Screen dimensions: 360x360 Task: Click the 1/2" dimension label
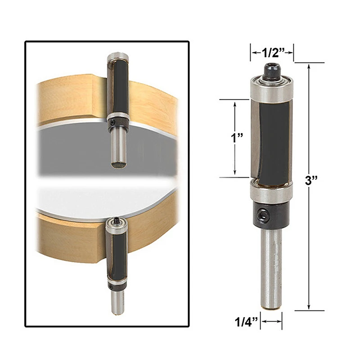(272, 53)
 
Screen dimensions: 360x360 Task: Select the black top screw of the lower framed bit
(117, 220)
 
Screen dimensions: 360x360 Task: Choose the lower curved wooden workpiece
(67, 238)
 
